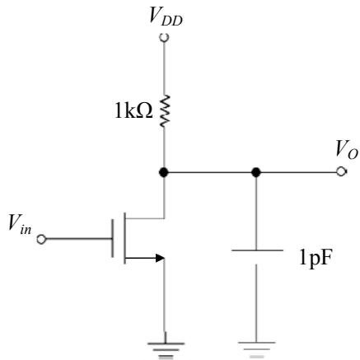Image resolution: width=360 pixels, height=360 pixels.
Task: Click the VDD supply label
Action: [166, 16]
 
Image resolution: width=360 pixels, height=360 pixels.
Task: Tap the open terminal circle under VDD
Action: [164, 37]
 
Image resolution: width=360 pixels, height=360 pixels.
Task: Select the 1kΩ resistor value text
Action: [133, 111]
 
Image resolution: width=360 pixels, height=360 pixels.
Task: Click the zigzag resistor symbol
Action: [165, 111]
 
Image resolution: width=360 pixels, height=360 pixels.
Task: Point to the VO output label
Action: [347, 151]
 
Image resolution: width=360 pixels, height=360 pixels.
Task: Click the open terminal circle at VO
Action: [341, 172]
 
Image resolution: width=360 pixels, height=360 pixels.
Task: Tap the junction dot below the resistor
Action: [164, 172]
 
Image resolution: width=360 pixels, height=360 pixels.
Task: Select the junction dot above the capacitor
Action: [256, 172]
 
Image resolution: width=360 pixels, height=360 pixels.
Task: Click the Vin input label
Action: [20, 224]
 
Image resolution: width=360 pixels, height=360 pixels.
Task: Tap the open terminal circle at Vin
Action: [41, 240]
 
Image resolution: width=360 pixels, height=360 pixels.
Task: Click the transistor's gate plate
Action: [112, 238]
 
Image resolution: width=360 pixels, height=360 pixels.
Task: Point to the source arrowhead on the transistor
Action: [160, 258]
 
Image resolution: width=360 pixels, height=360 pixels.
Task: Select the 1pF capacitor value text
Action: [316, 259]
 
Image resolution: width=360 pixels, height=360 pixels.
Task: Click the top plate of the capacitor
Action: [257, 250]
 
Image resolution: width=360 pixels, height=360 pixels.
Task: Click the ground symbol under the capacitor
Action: [256, 349]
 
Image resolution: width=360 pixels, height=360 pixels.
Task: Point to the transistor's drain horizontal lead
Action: [144, 218]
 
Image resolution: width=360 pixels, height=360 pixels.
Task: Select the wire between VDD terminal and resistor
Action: [164, 68]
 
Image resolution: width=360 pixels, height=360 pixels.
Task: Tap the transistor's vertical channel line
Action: [124, 238]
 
